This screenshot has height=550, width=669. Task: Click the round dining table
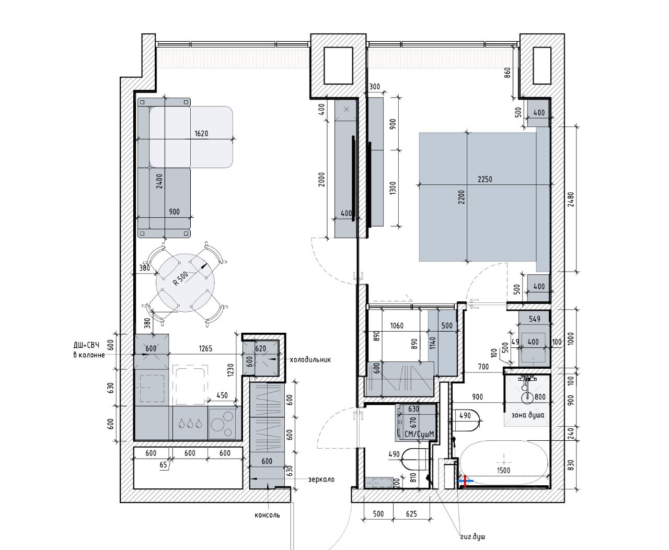[182, 283]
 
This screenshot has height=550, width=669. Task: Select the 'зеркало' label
[321, 479]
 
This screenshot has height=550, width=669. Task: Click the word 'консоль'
[267, 515]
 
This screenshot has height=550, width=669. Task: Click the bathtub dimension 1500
[503, 470]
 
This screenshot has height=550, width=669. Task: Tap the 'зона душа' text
[529, 415]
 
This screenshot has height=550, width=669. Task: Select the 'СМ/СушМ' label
[419, 434]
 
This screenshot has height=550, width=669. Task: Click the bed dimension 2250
[485, 179]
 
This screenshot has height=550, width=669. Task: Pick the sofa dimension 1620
[201, 133]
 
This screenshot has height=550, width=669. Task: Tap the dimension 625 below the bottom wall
[411, 514]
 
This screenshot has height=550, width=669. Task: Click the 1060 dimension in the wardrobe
[397, 326]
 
